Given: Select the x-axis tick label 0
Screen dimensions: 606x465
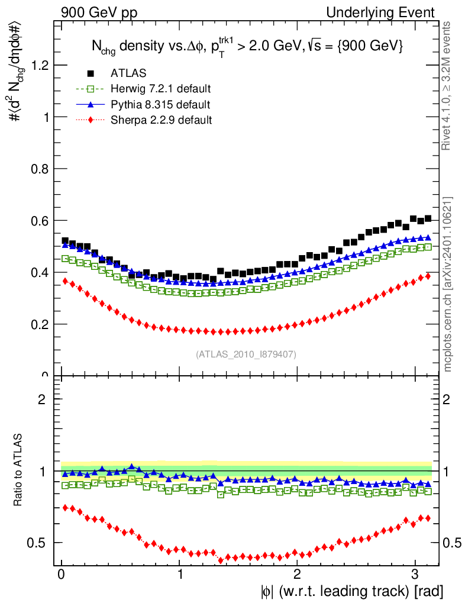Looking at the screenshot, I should (x=62, y=575).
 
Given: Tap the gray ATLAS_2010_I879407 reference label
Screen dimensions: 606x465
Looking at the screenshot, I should (x=246, y=354).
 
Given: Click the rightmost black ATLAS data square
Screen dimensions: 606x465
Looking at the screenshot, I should (x=428, y=219).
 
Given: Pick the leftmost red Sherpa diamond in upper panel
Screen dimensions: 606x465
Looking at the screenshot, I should (x=65, y=281).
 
